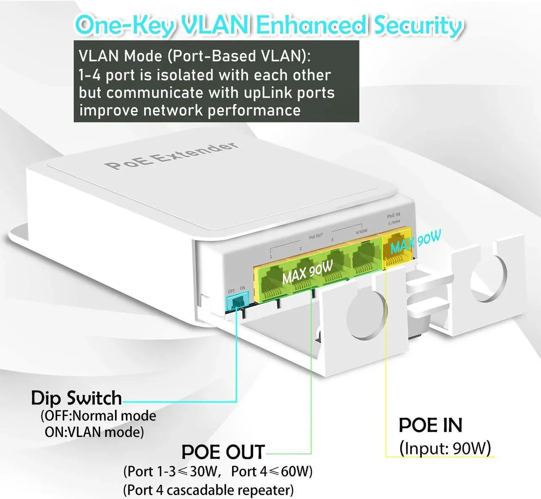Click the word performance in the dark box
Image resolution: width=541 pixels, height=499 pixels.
[254, 110]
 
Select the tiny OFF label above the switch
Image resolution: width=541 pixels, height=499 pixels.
[231, 291]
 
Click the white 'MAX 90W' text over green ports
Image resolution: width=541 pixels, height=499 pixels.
[307, 272]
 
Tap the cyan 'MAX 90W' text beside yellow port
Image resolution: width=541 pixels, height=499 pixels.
[415, 242]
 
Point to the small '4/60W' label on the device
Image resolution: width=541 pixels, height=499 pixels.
[361, 232]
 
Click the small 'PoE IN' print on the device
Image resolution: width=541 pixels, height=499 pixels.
[393, 215]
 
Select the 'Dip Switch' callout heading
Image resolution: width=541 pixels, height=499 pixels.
[77, 398]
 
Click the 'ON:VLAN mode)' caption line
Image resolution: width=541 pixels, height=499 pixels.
[94, 432]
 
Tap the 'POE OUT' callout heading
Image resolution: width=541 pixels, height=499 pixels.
[223, 452]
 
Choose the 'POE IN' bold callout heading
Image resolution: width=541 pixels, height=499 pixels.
[430, 425]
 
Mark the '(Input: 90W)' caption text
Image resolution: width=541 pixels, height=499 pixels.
[445, 448]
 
